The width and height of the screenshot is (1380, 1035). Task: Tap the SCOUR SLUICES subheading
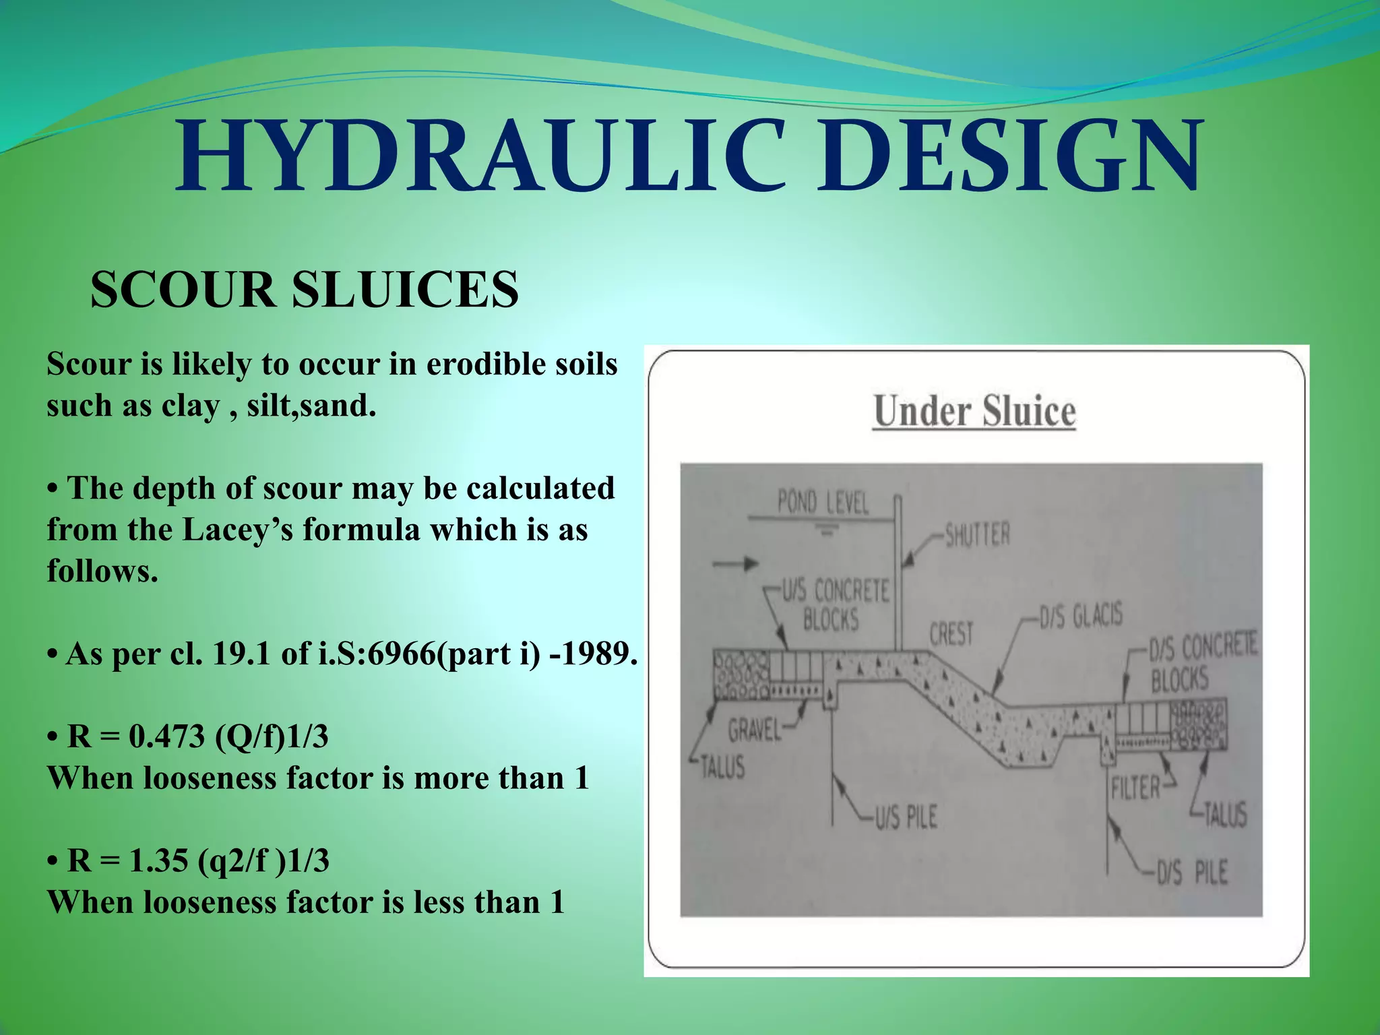click(x=305, y=290)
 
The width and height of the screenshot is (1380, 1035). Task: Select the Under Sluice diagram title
click(x=974, y=412)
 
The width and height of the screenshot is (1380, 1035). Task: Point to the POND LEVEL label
click(x=823, y=503)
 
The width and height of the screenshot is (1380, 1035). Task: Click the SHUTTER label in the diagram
click(x=978, y=536)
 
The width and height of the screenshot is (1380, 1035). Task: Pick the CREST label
click(x=951, y=634)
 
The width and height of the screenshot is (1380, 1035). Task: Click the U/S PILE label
click(x=906, y=817)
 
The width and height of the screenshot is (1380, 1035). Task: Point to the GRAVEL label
click(x=754, y=730)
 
